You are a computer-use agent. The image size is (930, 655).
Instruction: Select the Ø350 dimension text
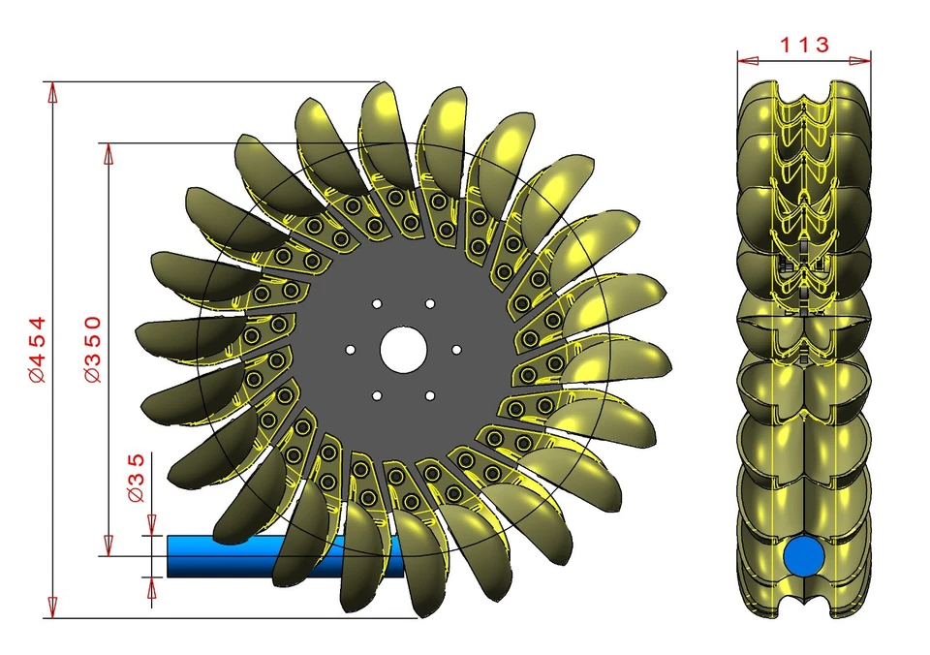(x=93, y=350)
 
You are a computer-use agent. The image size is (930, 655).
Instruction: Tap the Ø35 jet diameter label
(x=137, y=477)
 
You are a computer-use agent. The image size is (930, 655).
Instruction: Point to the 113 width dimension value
(x=803, y=44)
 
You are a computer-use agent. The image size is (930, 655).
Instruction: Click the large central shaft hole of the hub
(x=402, y=349)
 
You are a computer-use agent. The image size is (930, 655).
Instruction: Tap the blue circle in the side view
(x=803, y=556)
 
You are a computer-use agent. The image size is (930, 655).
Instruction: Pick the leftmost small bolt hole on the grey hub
(x=351, y=349)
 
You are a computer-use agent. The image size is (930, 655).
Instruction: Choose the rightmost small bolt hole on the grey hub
(x=455, y=349)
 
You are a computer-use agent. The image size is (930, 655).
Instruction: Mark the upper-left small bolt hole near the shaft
(x=377, y=303)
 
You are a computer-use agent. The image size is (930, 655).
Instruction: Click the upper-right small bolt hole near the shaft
(x=429, y=303)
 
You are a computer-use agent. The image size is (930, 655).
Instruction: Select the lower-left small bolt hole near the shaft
(x=377, y=394)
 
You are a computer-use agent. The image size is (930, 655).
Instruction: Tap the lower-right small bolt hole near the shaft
(x=429, y=394)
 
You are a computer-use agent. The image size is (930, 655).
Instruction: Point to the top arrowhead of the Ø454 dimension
(x=52, y=91)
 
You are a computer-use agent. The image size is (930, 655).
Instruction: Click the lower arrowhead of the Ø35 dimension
(x=151, y=585)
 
